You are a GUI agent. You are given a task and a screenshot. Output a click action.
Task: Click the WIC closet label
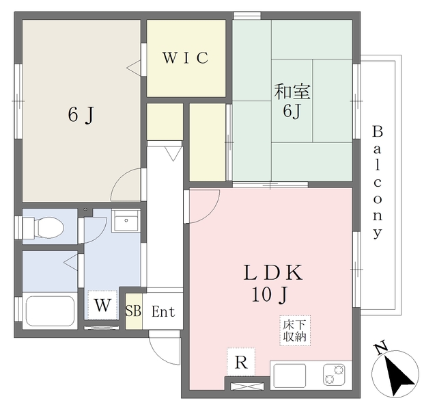(186, 57)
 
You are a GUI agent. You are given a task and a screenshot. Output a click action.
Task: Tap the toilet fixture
(43, 228)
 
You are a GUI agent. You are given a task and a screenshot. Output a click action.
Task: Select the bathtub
(50, 311)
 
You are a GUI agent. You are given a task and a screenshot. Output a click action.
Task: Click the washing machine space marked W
(102, 305)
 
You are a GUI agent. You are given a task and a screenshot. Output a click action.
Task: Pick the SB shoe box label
(133, 311)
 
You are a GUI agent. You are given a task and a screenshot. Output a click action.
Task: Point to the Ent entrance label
(163, 311)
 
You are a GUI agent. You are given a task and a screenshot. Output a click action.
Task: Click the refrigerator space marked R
(241, 362)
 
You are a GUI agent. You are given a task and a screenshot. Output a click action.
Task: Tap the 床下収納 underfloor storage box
(295, 331)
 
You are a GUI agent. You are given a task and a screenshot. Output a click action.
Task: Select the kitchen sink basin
(290, 376)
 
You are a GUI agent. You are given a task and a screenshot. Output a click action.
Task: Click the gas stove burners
(334, 375)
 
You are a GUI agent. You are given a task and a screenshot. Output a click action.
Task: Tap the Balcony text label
(378, 182)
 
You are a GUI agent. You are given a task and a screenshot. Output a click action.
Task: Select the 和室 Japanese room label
(292, 92)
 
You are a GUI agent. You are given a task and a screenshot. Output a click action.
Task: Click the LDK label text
(273, 272)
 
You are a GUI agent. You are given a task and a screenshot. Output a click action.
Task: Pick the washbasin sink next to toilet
(126, 220)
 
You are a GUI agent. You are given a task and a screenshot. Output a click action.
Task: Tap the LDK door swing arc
(211, 213)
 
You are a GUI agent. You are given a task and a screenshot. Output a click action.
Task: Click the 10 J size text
(269, 295)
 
